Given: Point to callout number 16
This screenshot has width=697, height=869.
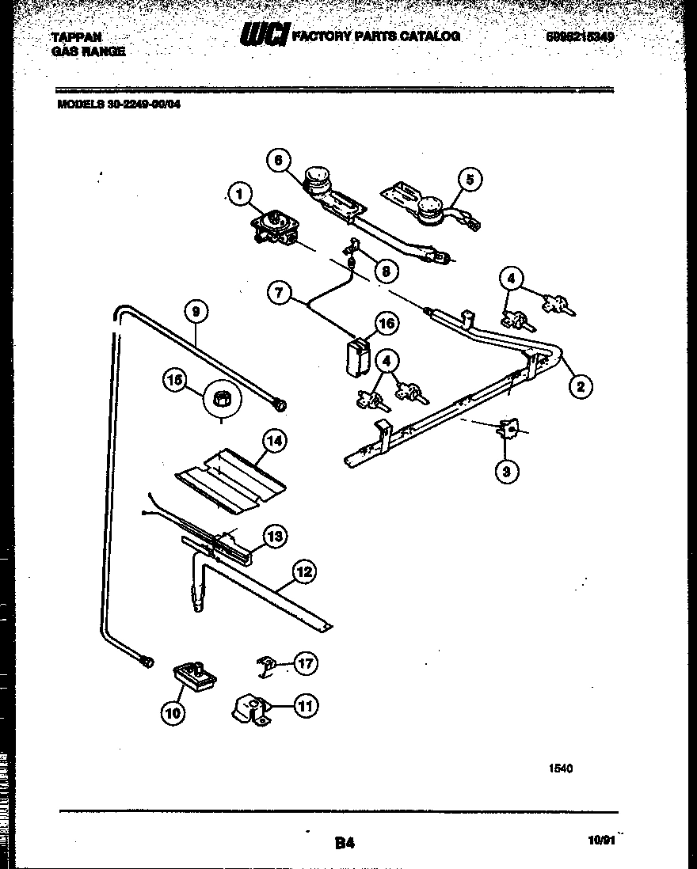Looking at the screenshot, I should click(x=387, y=323).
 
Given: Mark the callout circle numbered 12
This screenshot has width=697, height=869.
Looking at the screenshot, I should click(x=303, y=571).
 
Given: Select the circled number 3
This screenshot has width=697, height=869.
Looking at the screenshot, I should click(x=507, y=472).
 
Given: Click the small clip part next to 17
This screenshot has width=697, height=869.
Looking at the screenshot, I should click(x=267, y=666).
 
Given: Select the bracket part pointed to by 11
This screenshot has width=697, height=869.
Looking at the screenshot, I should click(x=250, y=708).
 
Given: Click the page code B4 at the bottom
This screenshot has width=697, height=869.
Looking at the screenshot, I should click(x=343, y=844).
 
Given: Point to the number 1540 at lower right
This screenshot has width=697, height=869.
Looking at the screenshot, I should click(x=560, y=767).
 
